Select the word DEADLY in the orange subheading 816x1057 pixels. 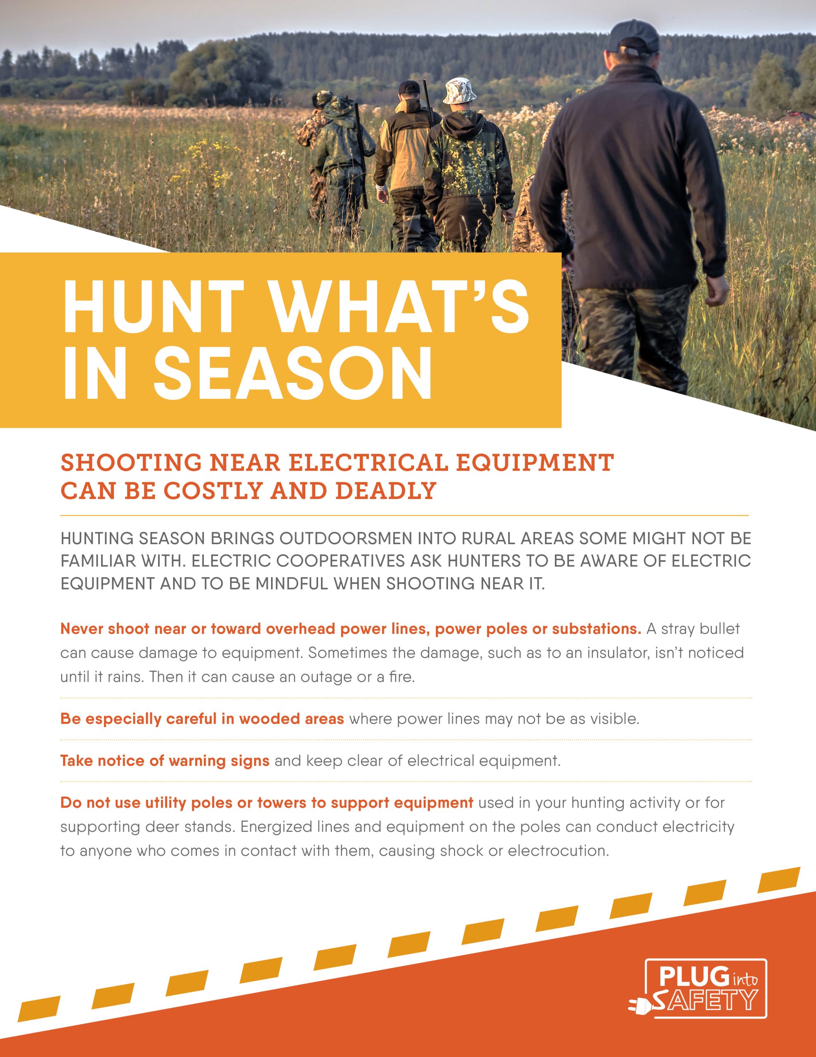click(386, 491)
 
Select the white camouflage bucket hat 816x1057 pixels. click(460, 91)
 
